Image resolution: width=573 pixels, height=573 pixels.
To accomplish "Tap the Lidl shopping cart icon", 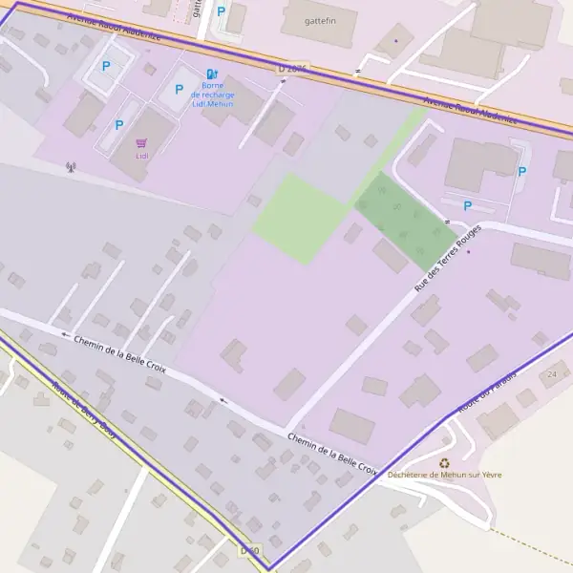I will click(x=141, y=142).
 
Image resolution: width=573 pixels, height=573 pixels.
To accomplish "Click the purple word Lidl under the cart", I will click(x=141, y=156).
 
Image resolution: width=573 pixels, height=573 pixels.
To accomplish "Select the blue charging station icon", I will click(x=212, y=74).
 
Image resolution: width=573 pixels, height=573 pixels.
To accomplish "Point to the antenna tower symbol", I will click(x=70, y=167).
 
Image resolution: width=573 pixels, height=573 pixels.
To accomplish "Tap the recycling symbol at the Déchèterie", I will click(x=444, y=462).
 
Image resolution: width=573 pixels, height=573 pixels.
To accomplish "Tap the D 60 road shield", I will click(x=249, y=550).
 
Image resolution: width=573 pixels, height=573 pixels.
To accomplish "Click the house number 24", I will click(x=552, y=374).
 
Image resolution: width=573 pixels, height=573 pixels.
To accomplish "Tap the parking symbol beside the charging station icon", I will click(x=179, y=90).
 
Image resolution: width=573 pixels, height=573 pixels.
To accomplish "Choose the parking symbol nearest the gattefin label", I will click(x=222, y=11).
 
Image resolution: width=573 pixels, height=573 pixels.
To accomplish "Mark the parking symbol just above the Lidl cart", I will click(x=118, y=124).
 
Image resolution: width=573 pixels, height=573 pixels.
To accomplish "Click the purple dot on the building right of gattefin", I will click(x=395, y=41).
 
